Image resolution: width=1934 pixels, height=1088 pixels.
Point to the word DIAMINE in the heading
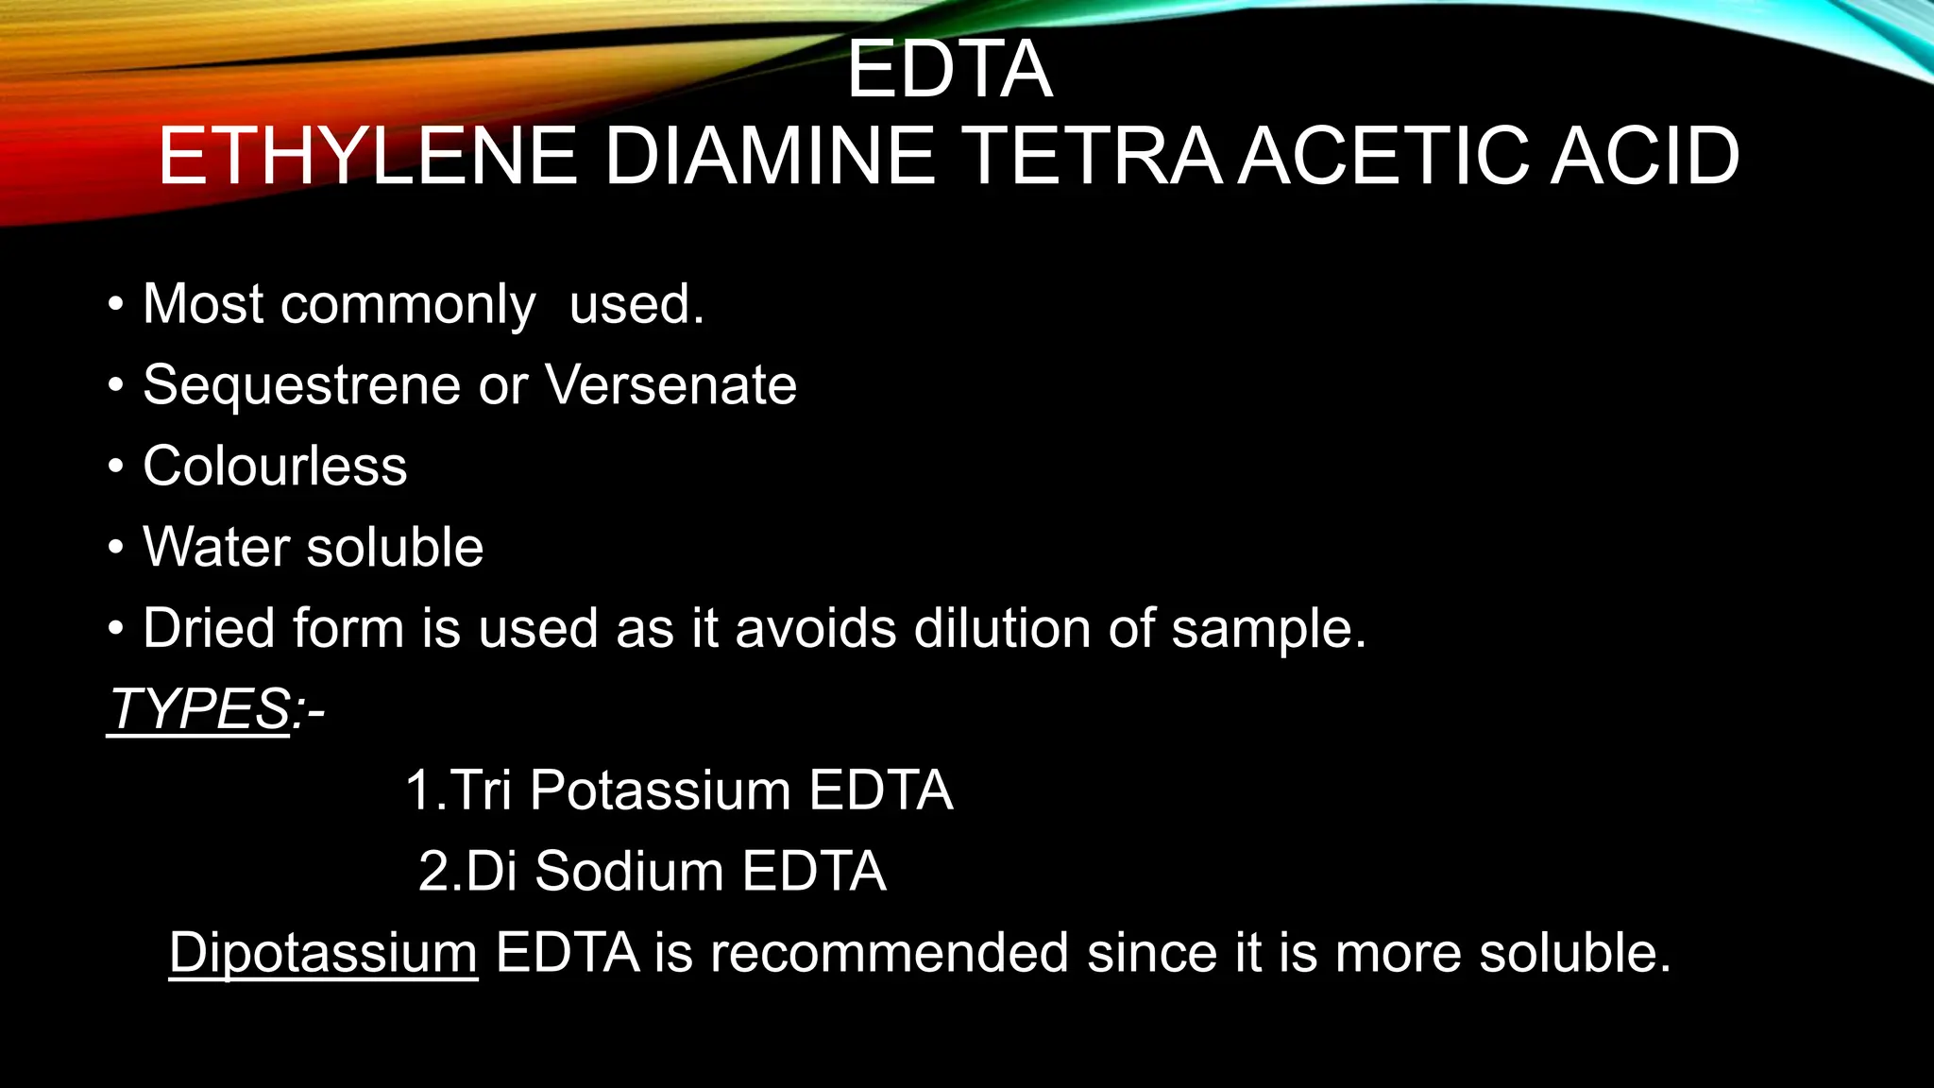tap(770, 157)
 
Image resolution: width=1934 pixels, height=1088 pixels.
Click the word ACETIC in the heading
tap(1384, 157)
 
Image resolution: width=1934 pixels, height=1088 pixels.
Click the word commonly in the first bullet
tap(407, 305)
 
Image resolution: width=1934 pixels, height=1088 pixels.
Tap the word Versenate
tap(670, 385)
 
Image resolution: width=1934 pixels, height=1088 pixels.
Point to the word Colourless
tap(275, 467)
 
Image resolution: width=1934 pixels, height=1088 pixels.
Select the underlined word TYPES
tap(199, 708)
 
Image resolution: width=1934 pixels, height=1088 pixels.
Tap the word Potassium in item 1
tap(660, 790)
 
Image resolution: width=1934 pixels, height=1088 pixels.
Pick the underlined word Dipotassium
tap(323, 953)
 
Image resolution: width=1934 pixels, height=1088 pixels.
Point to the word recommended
tap(890, 952)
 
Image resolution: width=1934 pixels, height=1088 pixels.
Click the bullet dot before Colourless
tap(115, 467)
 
